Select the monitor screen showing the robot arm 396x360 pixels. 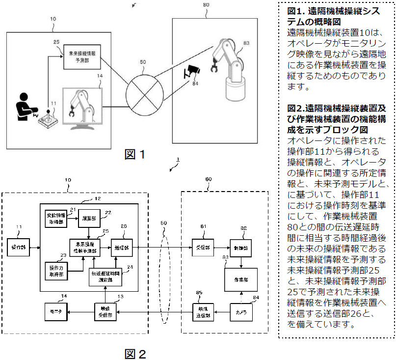(x=81, y=106)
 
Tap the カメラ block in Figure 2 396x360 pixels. (x=241, y=312)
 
